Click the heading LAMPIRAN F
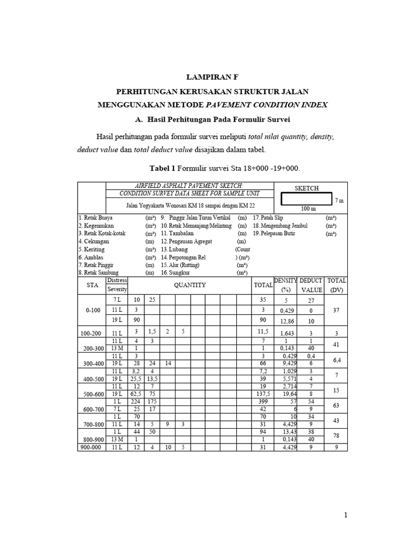tap(213, 77)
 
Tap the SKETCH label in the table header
tap(306, 188)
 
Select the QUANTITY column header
tap(191, 285)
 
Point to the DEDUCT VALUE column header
tap(311, 285)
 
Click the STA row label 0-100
tap(93, 310)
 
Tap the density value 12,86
tap(286, 321)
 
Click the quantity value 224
tap(136, 401)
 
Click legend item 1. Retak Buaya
tap(96, 218)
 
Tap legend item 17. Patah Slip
tap(269, 218)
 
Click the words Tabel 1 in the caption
tap(162, 168)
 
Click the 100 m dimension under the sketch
tap(308, 209)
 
